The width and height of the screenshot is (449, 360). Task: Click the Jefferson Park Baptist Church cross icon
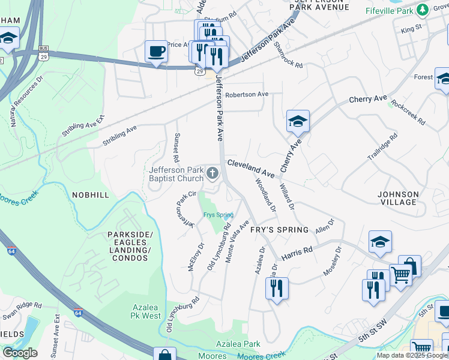click(x=212, y=174)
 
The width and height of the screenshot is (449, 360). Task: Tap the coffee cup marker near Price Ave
click(x=156, y=52)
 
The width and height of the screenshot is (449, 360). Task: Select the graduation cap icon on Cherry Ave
click(x=297, y=121)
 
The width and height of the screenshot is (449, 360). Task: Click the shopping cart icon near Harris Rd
click(x=401, y=275)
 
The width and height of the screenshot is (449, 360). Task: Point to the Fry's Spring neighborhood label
click(x=279, y=230)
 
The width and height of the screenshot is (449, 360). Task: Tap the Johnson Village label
click(x=398, y=198)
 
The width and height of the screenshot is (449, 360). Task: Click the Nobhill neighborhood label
click(x=91, y=195)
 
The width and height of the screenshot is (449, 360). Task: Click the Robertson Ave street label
click(x=247, y=95)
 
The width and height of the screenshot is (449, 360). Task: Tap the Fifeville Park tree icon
click(x=423, y=9)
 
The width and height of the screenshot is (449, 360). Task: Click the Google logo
click(x=19, y=353)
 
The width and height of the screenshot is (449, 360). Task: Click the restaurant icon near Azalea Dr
click(x=276, y=288)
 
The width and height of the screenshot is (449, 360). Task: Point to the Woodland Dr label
click(x=265, y=195)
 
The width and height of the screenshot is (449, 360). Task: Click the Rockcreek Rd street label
click(x=408, y=111)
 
